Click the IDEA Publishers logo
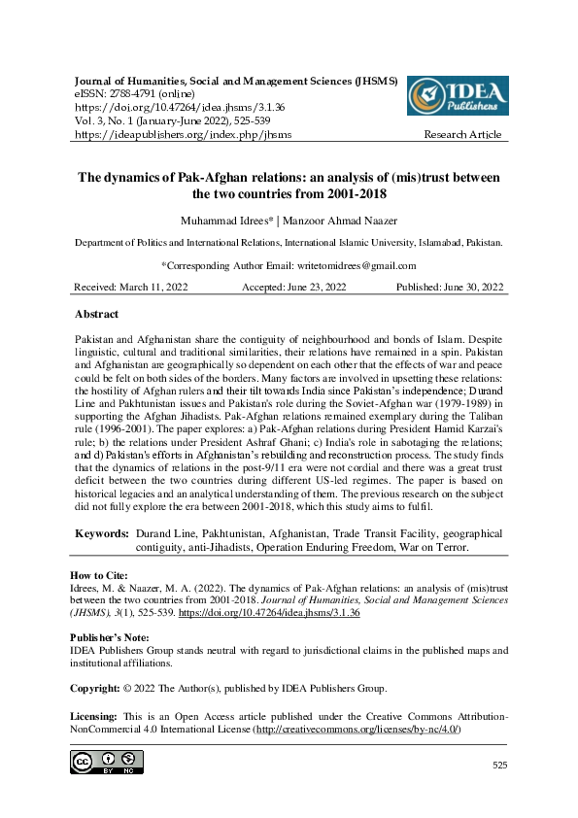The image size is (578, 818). click(456, 94)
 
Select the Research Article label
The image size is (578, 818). click(462, 134)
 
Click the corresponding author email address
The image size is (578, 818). click(349, 265)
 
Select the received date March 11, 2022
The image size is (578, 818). click(154, 287)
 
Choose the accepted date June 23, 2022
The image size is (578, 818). click(318, 287)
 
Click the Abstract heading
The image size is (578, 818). click(97, 315)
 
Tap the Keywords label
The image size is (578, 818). click(102, 534)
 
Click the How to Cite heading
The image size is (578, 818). click(103, 575)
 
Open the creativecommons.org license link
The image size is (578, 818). click(357, 729)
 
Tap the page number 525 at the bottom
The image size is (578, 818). click(499, 766)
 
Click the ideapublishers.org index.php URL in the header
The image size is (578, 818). click(183, 134)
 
